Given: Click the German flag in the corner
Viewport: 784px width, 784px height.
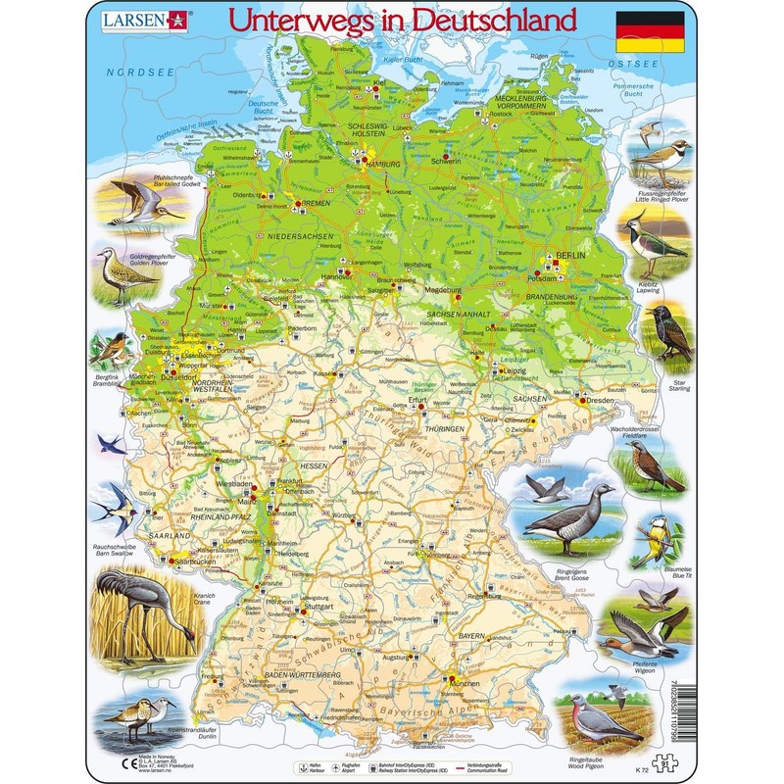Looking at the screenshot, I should (x=650, y=33).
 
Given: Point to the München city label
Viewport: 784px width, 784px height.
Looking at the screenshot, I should (x=465, y=678).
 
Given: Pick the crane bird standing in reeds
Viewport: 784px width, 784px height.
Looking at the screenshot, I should (x=135, y=617).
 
